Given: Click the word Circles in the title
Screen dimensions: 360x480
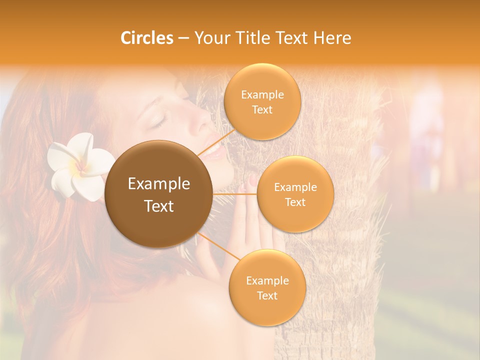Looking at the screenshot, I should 147,38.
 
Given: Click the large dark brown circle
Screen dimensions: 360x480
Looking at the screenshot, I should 159,194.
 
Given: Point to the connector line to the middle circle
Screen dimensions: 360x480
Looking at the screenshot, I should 235,194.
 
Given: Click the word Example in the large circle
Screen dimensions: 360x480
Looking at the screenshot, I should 159,184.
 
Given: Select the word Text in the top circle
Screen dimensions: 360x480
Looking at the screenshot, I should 262,109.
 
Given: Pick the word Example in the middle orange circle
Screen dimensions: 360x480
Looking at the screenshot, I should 295,187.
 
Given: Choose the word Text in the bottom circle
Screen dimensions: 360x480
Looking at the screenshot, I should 267,295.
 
